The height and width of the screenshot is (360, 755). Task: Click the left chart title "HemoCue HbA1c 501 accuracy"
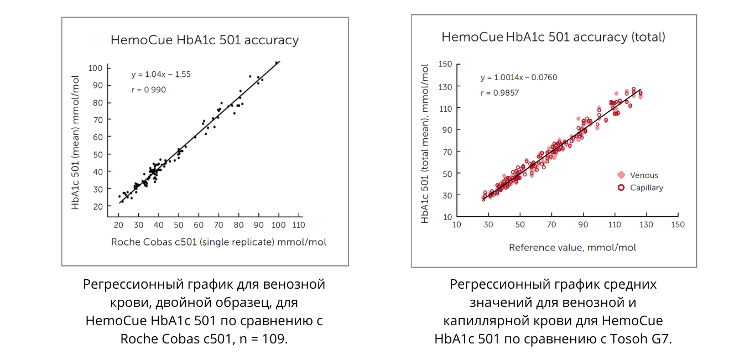(205, 40)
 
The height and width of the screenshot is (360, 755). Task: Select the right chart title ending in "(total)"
(553, 37)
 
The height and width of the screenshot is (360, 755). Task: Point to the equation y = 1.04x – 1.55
(161, 74)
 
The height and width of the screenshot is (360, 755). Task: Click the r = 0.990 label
(148, 90)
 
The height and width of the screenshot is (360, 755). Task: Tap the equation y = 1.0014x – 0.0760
(519, 77)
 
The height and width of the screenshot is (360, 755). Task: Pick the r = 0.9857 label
(499, 93)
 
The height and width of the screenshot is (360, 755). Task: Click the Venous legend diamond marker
(621, 175)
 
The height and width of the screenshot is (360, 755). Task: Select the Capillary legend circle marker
(621, 187)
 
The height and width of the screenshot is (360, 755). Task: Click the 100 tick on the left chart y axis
(96, 68)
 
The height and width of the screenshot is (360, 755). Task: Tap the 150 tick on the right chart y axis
(446, 64)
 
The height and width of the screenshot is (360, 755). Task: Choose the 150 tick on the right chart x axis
(678, 225)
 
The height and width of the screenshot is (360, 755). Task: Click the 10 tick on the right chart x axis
(456, 225)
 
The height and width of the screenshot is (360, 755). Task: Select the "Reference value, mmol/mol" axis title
(572, 247)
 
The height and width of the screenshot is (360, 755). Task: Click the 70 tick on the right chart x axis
(551, 225)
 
